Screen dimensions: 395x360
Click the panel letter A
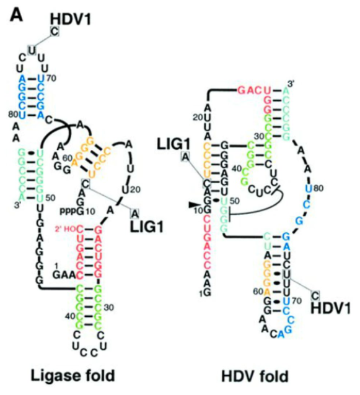tap(15, 14)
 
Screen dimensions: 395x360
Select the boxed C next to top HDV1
tap(55, 32)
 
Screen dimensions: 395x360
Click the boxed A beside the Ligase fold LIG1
tap(135, 213)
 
